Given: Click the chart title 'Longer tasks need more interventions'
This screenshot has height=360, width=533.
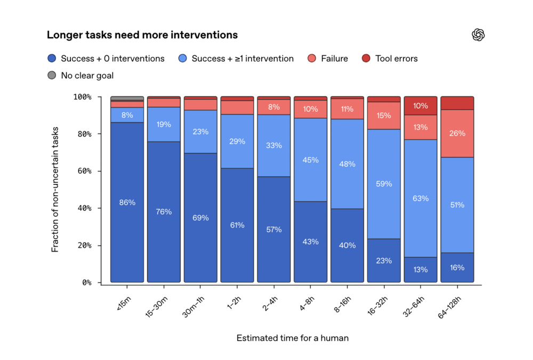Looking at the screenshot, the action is pyautogui.click(x=142, y=35).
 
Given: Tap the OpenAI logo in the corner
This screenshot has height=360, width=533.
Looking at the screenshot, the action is pyautogui.click(x=478, y=35).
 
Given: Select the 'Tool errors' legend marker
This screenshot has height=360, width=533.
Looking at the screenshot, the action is pyautogui.click(x=366, y=59).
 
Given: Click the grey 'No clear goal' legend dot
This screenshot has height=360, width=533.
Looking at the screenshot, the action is pyautogui.click(x=52, y=75).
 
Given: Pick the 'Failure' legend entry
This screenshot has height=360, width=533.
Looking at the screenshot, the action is pyautogui.click(x=328, y=59).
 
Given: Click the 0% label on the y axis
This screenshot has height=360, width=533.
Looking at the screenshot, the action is pyautogui.click(x=87, y=283).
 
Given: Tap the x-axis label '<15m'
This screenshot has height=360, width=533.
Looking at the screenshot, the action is pyautogui.click(x=124, y=303).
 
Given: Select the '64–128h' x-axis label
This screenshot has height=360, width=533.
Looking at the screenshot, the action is pyautogui.click(x=449, y=307).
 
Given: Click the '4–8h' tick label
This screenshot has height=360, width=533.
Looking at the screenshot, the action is pyautogui.click(x=307, y=304).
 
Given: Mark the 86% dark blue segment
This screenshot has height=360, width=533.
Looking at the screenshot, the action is pyautogui.click(x=127, y=202).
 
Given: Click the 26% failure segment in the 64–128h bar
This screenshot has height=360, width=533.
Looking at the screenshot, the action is pyautogui.click(x=457, y=134).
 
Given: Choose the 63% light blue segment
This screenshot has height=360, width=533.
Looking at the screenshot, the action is pyautogui.click(x=421, y=198).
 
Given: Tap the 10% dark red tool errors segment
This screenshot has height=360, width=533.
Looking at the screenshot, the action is pyautogui.click(x=421, y=106).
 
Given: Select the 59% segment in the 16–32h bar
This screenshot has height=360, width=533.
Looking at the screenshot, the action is pyautogui.click(x=384, y=184).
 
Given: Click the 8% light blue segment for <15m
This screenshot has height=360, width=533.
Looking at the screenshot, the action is pyautogui.click(x=127, y=115).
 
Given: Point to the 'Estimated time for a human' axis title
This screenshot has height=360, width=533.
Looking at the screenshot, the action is pyautogui.click(x=293, y=338).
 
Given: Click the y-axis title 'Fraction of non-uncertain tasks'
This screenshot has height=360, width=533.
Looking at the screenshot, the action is pyautogui.click(x=55, y=190).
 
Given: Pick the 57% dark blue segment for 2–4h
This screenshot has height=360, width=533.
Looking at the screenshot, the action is pyautogui.click(x=274, y=230).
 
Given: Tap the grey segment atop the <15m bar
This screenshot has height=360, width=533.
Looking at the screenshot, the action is pyautogui.click(x=127, y=99).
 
